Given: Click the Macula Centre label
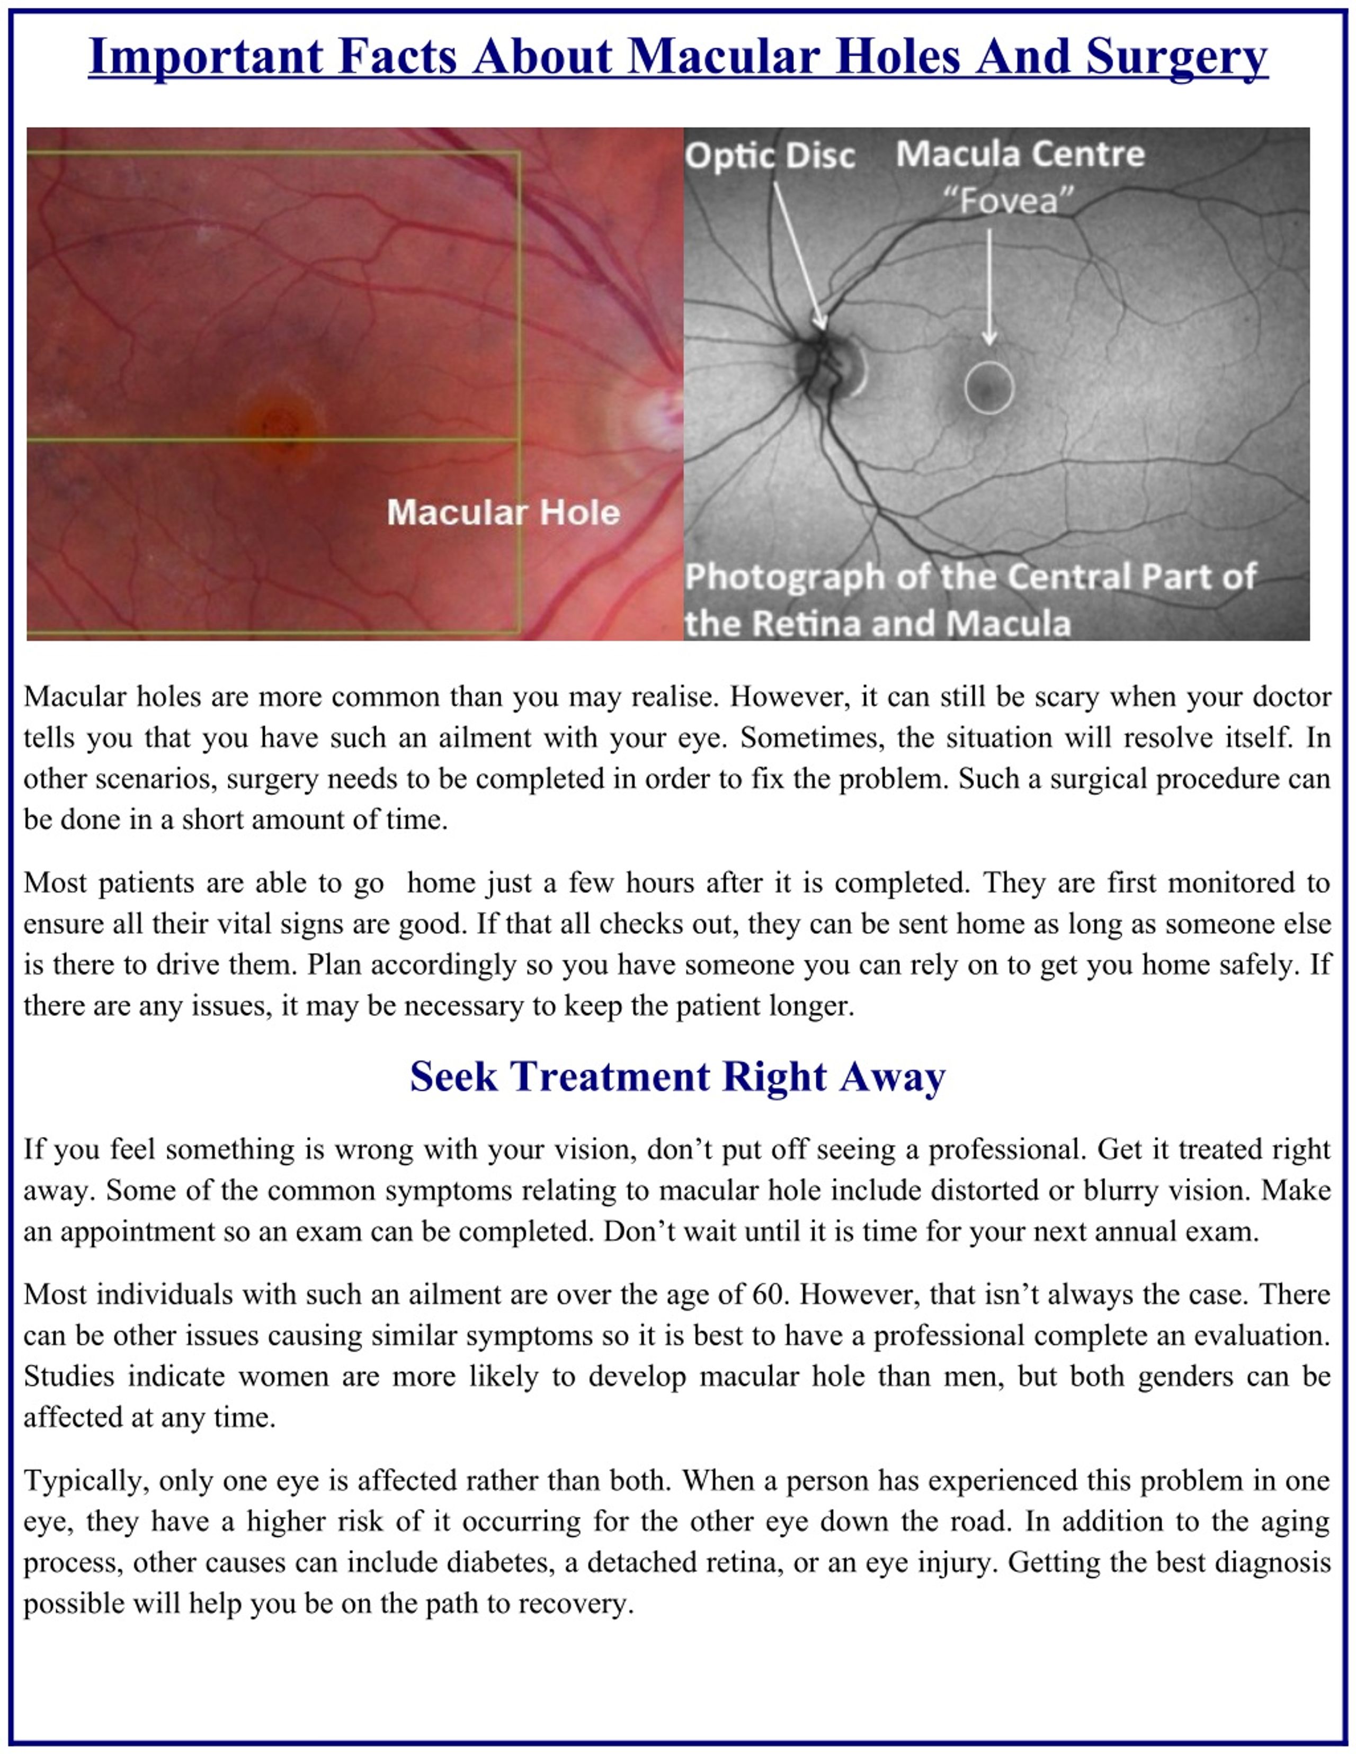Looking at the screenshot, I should tap(1020, 154).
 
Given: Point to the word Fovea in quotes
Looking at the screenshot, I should tap(1008, 201).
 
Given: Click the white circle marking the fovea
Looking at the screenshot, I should tap(989, 388).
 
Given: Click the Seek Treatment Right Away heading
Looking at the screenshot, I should tap(677, 1077).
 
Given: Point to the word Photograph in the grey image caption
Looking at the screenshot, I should tap(784, 577).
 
